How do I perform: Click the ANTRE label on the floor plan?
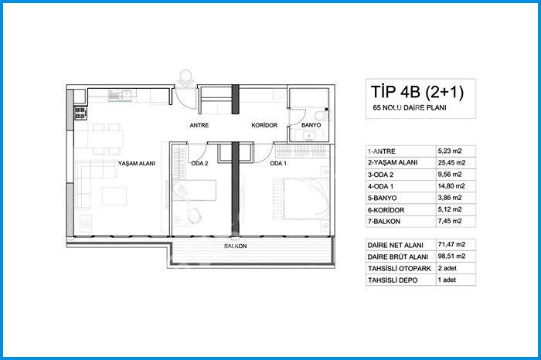coord(199,125)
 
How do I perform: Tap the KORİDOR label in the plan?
coord(264,125)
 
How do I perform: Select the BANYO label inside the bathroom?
coord(311,125)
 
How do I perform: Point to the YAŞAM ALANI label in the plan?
coord(137,164)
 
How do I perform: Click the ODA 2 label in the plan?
coord(199,164)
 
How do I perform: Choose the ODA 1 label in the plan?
coord(278,164)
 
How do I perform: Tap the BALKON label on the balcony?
coord(235,246)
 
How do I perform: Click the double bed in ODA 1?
coord(301,199)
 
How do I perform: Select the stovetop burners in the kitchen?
coord(80,113)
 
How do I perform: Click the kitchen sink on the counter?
coord(121,95)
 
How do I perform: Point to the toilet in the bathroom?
coord(323,115)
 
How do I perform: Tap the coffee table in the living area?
coord(114,196)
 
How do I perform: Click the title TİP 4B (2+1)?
coord(417,92)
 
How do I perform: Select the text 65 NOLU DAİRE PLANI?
coord(410,108)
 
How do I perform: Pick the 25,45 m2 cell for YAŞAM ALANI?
coord(451,162)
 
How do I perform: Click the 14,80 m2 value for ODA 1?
coord(451,186)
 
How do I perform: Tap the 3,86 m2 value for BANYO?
coord(450,198)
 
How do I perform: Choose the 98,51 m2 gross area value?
coord(451,256)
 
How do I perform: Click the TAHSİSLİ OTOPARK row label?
coord(400,269)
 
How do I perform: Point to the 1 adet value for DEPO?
coord(447,280)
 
